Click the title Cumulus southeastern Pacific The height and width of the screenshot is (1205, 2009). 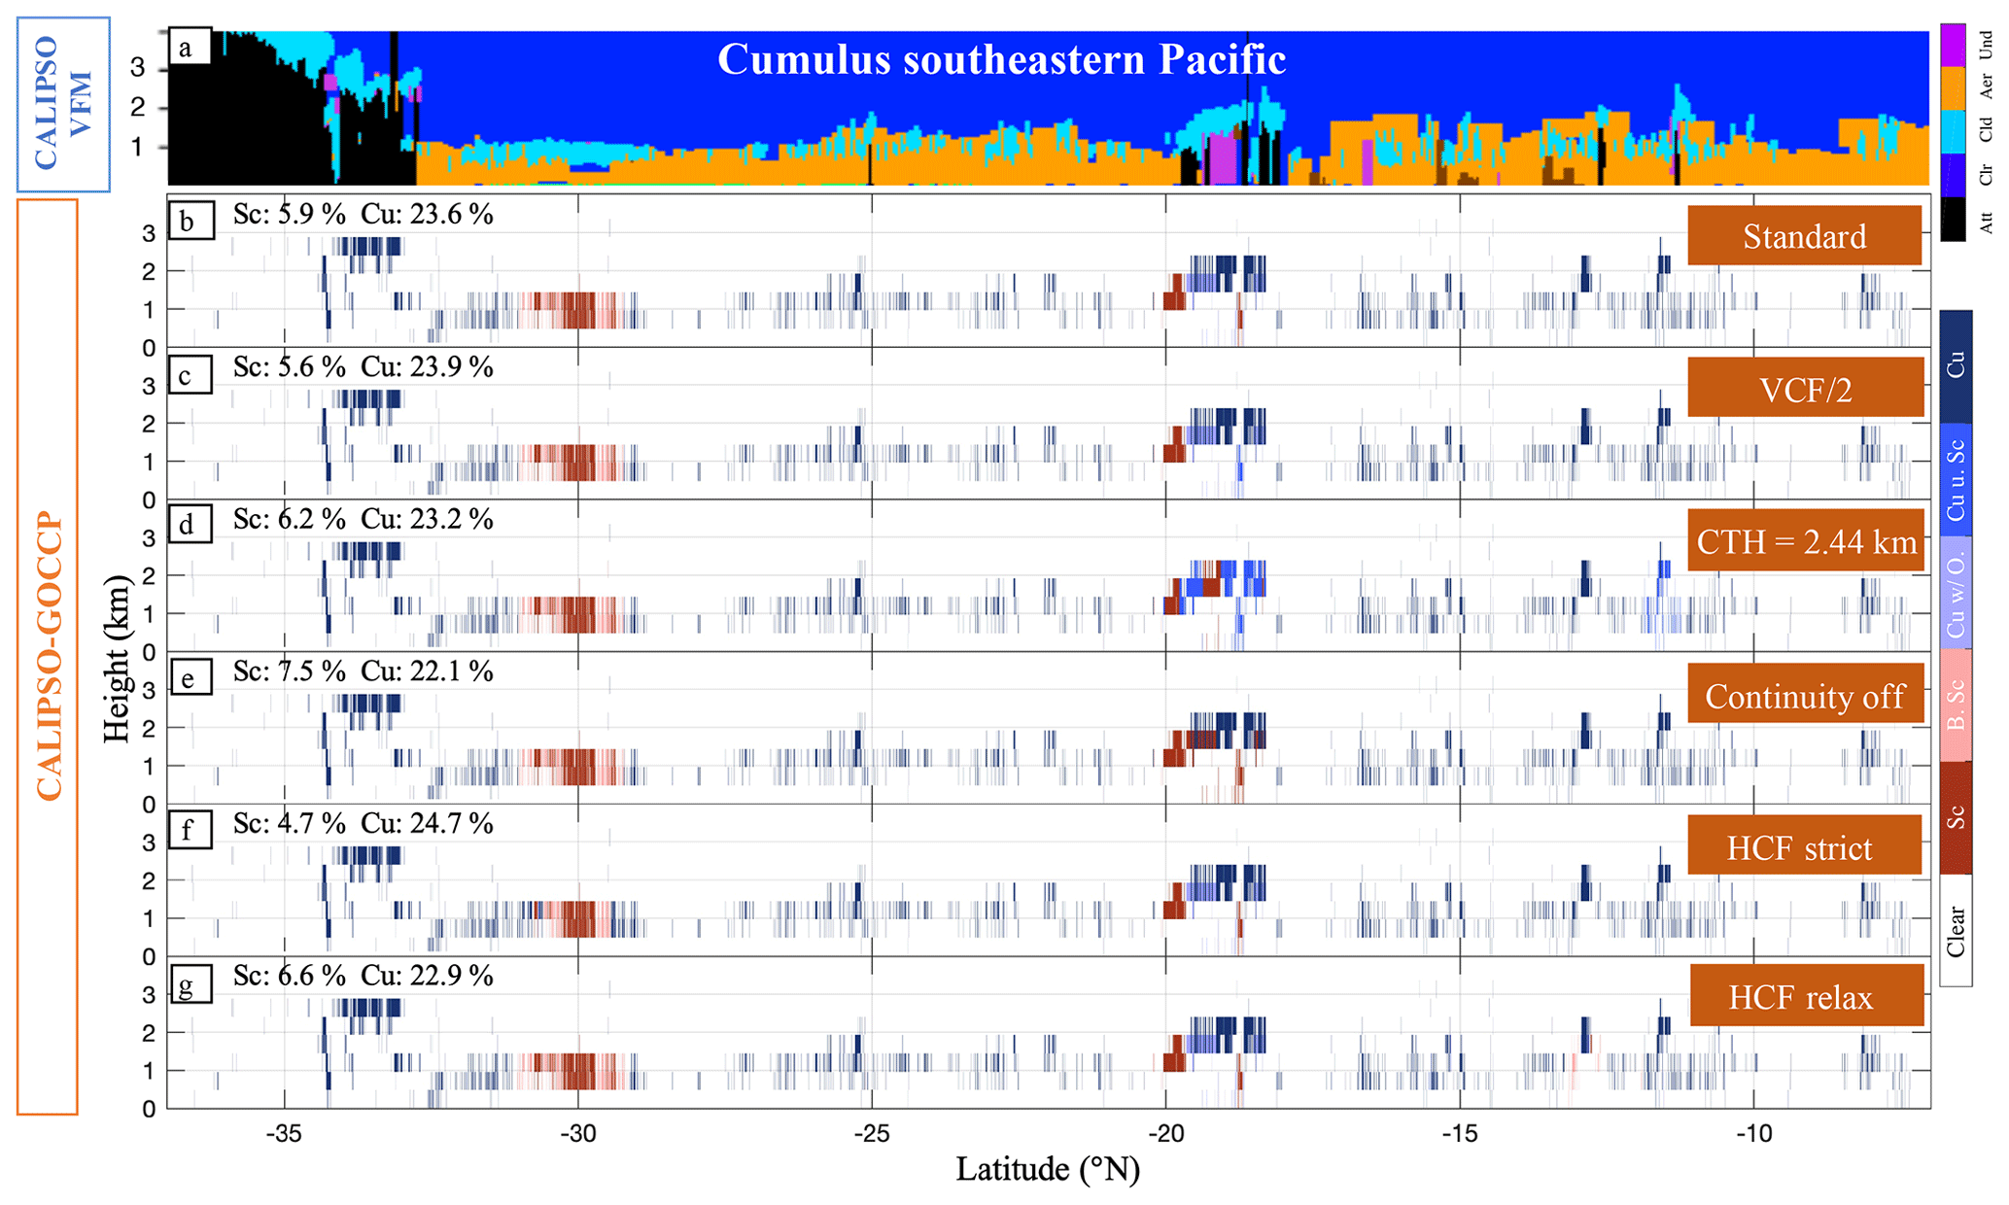[x=1001, y=59]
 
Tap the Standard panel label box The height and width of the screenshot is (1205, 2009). [x=1804, y=235]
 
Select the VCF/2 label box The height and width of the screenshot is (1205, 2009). [x=1805, y=387]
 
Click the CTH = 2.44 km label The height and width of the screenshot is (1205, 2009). [x=1806, y=539]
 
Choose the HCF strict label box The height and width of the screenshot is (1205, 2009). [x=1804, y=845]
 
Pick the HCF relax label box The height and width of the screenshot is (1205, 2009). [x=1806, y=995]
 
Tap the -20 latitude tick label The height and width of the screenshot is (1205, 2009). [x=1165, y=1133]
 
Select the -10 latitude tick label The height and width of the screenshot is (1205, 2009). [x=1753, y=1133]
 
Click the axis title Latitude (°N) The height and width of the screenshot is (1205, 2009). [x=1048, y=1169]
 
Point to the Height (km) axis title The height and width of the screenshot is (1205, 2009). [x=117, y=659]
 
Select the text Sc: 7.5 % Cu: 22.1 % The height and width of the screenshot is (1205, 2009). [x=364, y=671]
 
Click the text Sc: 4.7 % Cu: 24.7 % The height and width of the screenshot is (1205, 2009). [x=364, y=824]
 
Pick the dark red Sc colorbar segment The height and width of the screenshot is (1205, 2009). [x=1956, y=817]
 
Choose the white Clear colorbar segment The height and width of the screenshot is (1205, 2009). [x=1956, y=931]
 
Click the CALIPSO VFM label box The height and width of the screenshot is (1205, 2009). [x=63, y=104]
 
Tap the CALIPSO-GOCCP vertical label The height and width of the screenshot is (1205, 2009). [x=48, y=656]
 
